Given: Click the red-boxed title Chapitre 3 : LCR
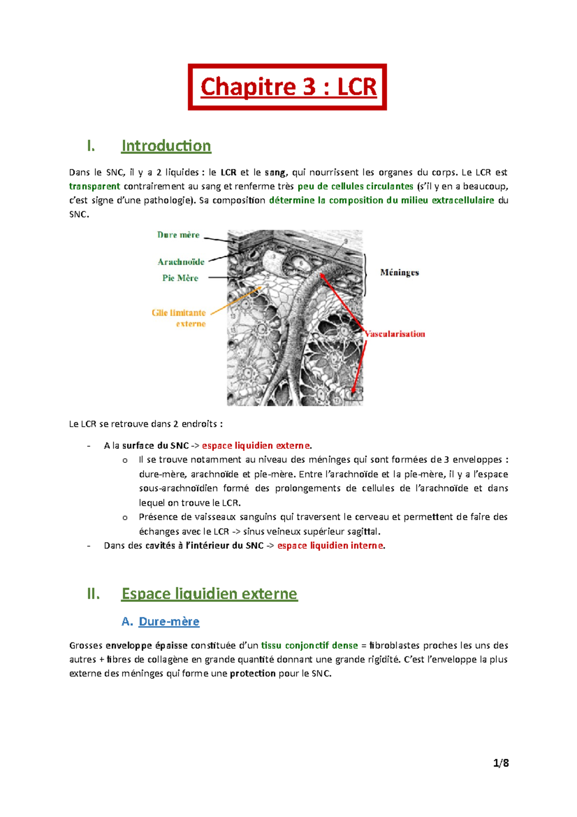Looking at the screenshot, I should point(288,87).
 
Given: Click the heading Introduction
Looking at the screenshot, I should point(166,146).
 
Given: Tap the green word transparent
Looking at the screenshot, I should point(94,186).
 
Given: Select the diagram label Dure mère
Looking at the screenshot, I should point(178,235).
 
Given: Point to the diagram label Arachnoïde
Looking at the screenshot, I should point(181,262).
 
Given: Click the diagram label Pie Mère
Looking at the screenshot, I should point(180,278).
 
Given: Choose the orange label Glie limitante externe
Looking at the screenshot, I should point(179,318).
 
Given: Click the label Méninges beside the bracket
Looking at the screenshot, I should point(399,272).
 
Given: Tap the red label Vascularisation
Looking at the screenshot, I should point(395,333).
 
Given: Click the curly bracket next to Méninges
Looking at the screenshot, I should point(367,274).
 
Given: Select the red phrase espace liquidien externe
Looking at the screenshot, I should point(256,446).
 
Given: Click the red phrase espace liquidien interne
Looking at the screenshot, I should point(330,546).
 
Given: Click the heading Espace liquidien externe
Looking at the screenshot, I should point(209,594).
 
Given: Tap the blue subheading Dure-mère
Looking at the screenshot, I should point(169,622).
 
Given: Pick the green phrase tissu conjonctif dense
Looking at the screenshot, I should point(309,645).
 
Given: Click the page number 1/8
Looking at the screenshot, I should point(501,763).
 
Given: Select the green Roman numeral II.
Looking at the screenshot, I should point(93,594).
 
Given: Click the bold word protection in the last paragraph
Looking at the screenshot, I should point(252,674).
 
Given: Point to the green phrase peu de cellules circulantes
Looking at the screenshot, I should point(355,186).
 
